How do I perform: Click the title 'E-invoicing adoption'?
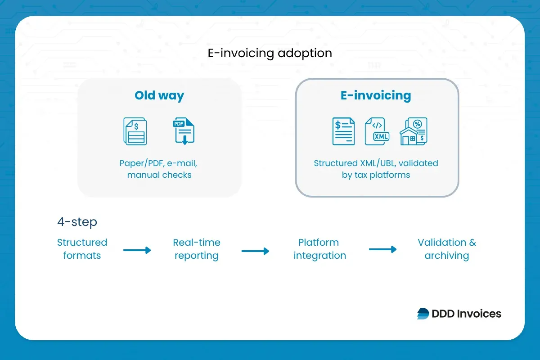270,53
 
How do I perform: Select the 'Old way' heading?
159,95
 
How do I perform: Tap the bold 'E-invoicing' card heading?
376,95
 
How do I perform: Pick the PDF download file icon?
184,131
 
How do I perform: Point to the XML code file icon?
377,131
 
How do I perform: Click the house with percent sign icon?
413,131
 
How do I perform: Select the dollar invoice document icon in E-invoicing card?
343,131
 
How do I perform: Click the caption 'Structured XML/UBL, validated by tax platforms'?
376,169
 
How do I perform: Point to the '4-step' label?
77,222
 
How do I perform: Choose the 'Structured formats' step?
82,249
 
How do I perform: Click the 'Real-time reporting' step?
196,249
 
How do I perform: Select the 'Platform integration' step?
319,249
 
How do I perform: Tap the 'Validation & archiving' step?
446,249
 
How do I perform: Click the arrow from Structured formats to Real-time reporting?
137,250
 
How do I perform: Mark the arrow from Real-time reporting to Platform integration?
255,251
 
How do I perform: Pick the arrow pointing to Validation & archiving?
383,249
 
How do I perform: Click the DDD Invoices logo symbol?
423,314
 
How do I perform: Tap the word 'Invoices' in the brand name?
479,314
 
